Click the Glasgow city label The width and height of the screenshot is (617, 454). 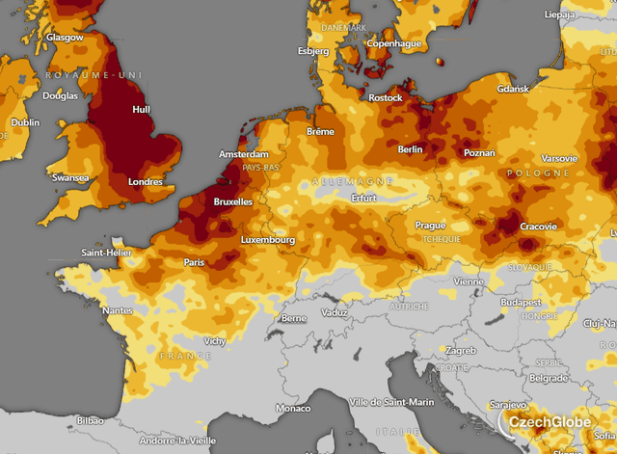pyautogui.click(x=65, y=38)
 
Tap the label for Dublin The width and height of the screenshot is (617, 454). pyautogui.click(x=25, y=122)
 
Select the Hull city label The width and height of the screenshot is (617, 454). pyautogui.click(x=140, y=110)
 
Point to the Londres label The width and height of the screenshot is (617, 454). pyautogui.click(x=144, y=182)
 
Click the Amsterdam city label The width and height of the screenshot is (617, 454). pyautogui.click(x=244, y=154)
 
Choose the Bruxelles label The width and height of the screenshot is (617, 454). pyautogui.click(x=232, y=202)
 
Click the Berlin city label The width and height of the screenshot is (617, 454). pyautogui.click(x=411, y=149)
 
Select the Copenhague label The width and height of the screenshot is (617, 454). pyautogui.click(x=395, y=43)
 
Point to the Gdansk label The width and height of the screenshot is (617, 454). pyautogui.click(x=514, y=90)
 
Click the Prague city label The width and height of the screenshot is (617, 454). pyautogui.click(x=430, y=225)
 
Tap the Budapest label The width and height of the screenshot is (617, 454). pyautogui.click(x=521, y=302)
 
